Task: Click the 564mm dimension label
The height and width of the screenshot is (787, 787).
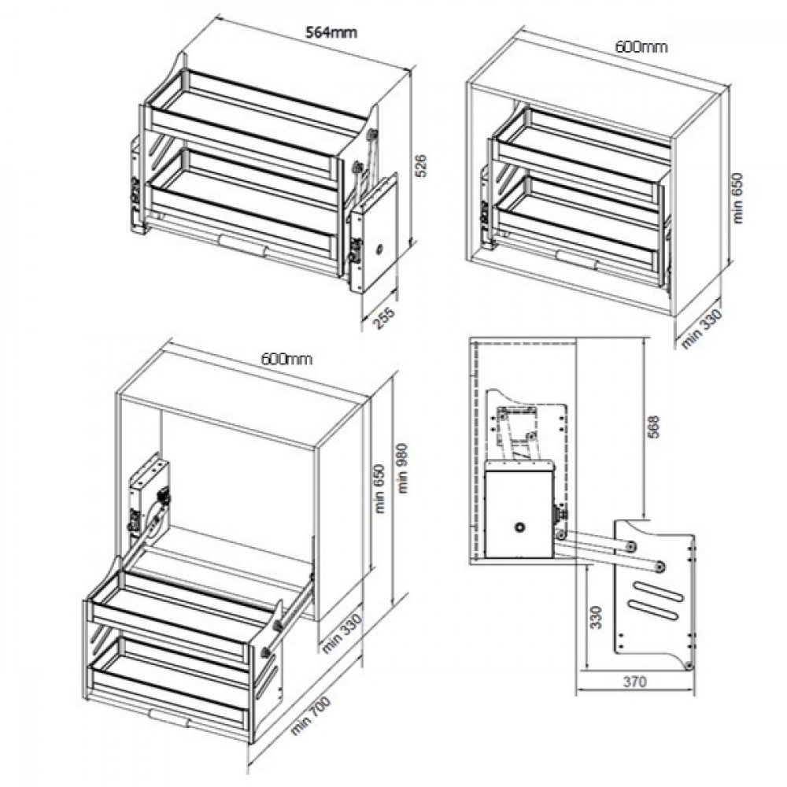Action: (332, 32)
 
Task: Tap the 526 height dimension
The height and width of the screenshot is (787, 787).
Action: (421, 165)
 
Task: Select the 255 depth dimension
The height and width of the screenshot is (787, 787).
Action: (385, 318)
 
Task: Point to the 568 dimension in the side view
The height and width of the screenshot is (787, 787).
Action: (652, 426)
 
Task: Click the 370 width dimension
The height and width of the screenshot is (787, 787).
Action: (635, 682)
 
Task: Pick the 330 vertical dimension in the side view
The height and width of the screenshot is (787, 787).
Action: (595, 617)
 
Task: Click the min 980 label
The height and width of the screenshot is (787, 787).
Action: (403, 468)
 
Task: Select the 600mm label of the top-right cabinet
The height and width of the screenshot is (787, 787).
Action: (641, 47)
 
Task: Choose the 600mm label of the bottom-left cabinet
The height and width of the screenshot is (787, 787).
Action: (286, 359)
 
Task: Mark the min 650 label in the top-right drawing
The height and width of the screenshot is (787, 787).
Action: (738, 198)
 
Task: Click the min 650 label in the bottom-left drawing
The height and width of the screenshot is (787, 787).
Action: (380, 489)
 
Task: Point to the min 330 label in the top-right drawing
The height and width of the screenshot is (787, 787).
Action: (702, 329)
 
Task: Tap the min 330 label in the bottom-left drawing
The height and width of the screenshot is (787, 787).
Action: (342, 634)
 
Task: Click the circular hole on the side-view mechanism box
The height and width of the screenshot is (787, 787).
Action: (519, 527)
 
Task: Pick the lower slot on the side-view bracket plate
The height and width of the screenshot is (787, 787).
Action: (653, 609)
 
